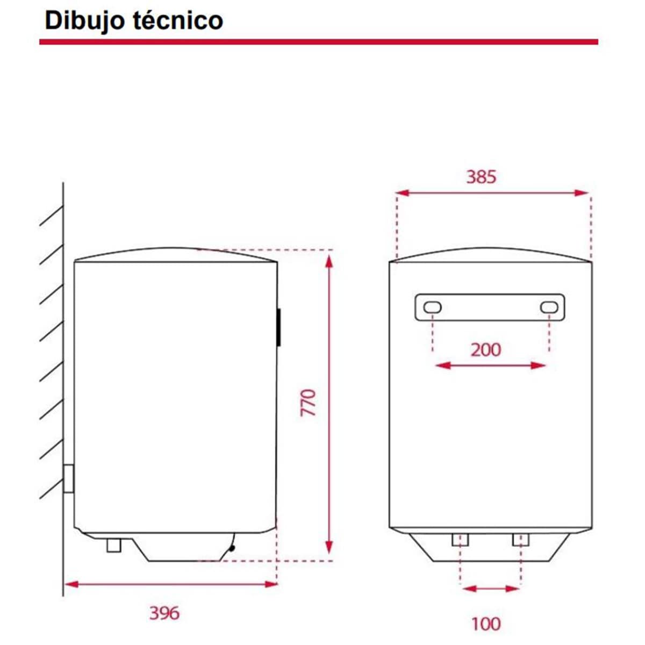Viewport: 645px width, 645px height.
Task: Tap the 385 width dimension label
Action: point(481,177)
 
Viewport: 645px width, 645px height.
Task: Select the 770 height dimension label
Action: point(309,403)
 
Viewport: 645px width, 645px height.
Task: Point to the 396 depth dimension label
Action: point(164,613)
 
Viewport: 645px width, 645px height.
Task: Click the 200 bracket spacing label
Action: point(486,350)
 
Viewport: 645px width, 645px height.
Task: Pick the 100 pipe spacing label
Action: point(486,624)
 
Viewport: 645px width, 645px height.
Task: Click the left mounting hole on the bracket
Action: point(433,307)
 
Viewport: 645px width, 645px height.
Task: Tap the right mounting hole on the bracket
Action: point(549,307)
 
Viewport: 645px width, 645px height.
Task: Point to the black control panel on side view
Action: point(279,327)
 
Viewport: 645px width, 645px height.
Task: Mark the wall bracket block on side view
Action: point(69,478)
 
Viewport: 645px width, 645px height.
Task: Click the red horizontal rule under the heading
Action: point(318,42)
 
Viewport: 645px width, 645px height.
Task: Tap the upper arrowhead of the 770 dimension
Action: point(329,260)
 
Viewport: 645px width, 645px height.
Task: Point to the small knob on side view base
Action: point(232,548)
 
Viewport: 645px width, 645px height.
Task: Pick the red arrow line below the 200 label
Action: point(490,366)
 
